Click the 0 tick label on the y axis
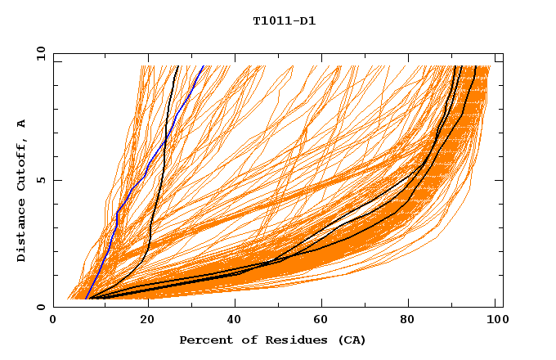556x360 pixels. [x=41, y=307]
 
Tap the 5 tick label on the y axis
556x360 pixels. [x=41, y=180]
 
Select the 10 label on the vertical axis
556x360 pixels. [x=38, y=53]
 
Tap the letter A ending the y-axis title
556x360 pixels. [x=21, y=124]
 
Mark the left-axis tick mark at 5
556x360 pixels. [x=56, y=180]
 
